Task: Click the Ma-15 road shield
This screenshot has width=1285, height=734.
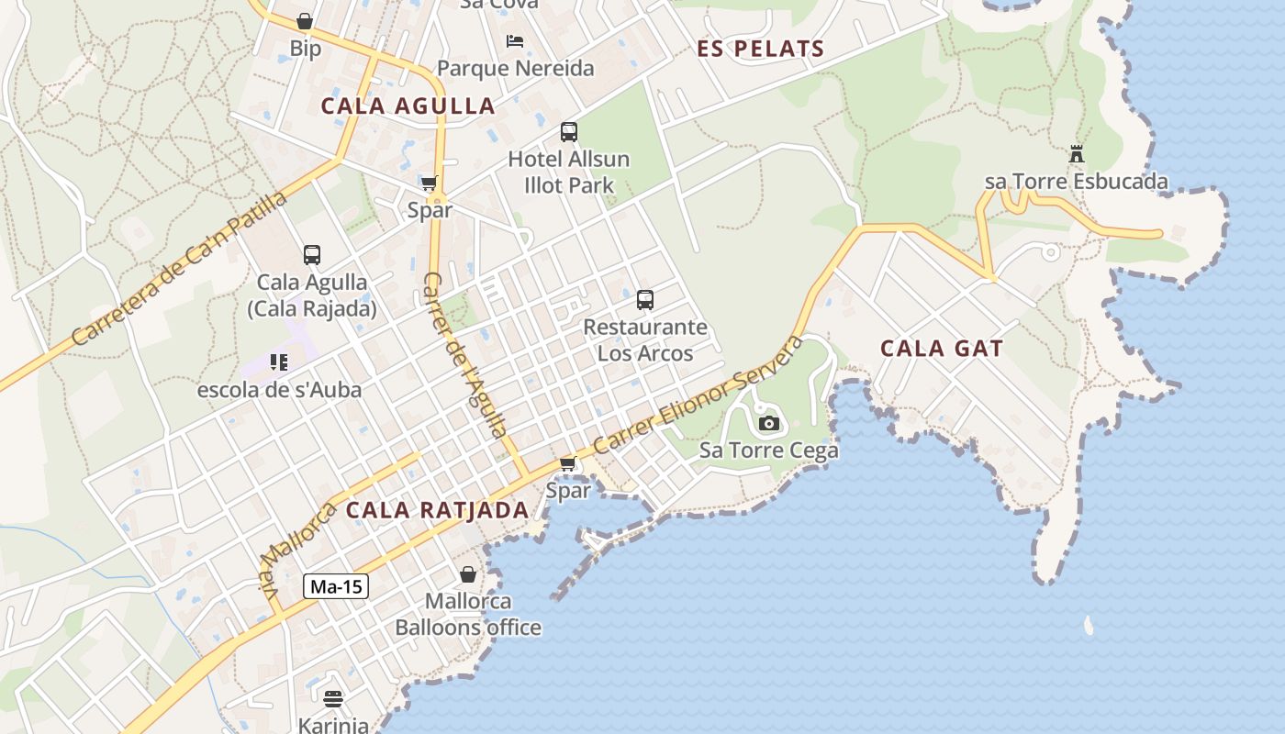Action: [x=336, y=587]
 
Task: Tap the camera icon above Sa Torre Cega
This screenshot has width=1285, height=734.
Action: [x=769, y=423]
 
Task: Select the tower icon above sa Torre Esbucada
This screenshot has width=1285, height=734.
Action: [x=1077, y=153]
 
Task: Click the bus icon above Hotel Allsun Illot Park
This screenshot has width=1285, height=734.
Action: [x=569, y=132]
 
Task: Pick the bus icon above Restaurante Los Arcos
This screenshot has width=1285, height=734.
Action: [x=645, y=300]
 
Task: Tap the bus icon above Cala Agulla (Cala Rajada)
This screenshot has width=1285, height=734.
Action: [x=312, y=255]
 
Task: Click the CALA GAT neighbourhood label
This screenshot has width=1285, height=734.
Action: [x=942, y=349]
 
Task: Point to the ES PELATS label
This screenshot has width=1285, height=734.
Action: [x=761, y=49]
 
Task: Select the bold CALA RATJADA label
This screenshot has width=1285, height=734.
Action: [x=438, y=510]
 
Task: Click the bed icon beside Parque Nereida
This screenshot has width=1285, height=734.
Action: [x=515, y=41]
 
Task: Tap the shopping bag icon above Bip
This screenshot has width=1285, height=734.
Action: [x=305, y=20]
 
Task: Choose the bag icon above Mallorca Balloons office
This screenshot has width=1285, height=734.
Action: [x=468, y=574]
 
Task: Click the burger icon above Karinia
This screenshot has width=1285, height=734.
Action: [x=333, y=699]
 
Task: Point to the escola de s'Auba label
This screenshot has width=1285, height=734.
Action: [x=280, y=390]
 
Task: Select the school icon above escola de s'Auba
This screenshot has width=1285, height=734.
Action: [x=279, y=362]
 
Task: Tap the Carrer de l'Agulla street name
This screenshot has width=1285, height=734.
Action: [x=465, y=355]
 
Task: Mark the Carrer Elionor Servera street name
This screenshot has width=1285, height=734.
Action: [x=698, y=395]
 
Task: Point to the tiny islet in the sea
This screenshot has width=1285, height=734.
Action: [x=1089, y=626]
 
